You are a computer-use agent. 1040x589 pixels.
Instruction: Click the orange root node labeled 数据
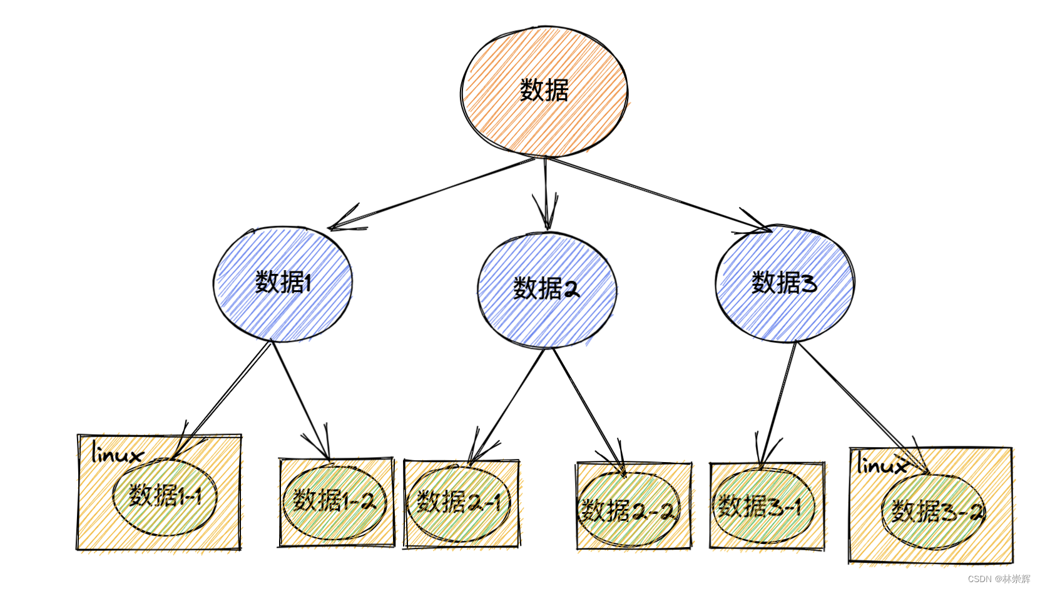(x=544, y=91)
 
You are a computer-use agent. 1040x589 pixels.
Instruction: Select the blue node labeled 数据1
(x=283, y=283)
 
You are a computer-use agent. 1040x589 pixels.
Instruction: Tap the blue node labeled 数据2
(x=546, y=289)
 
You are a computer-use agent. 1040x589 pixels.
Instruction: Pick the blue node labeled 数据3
(x=784, y=283)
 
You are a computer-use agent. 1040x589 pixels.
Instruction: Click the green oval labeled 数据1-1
(x=165, y=497)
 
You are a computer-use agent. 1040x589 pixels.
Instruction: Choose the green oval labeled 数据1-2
(x=334, y=501)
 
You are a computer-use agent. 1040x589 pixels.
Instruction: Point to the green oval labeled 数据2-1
(x=459, y=502)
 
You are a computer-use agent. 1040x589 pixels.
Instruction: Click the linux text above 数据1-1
(x=116, y=454)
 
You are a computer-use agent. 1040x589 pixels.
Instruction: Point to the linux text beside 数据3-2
(x=881, y=465)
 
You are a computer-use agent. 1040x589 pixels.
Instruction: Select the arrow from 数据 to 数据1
(x=432, y=193)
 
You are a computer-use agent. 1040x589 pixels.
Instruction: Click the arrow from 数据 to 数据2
(x=546, y=191)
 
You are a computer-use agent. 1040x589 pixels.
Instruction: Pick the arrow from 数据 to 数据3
(x=657, y=194)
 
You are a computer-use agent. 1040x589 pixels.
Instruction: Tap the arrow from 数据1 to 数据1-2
(x=300, y=400)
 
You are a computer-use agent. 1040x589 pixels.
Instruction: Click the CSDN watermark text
(x=998, y=579)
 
